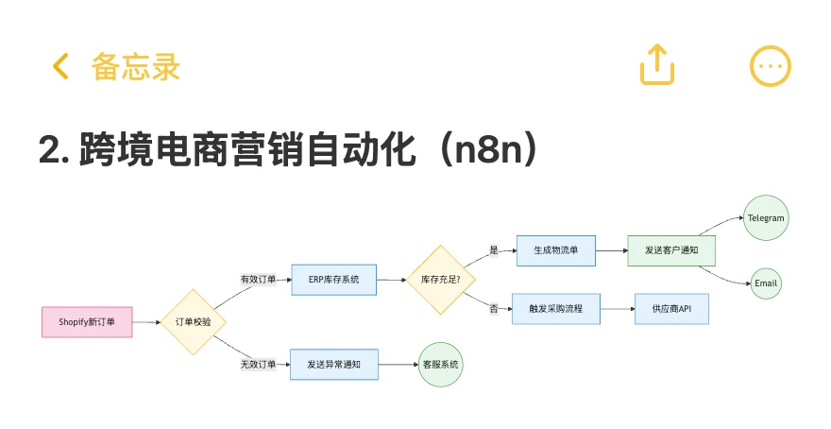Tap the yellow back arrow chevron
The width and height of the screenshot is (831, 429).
(x=61, y=66)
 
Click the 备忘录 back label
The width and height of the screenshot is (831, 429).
(x=136, y=67)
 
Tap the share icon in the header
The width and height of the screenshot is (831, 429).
(x=657, y=64)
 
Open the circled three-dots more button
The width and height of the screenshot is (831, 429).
(x=770, y=66)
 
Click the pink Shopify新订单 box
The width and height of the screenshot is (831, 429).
(x=87, y=322)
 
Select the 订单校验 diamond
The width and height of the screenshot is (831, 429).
(x=194, y=322)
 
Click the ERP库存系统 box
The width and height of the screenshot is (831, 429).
(x=334, y=280)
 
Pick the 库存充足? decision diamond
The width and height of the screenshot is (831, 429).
(x=440, y=280)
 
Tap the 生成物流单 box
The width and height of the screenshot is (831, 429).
(x=556, y=250)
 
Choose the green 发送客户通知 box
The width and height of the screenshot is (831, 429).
(x=671, y=250)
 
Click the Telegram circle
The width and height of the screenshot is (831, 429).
(x=766, y=218)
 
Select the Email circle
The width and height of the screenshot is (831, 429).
(x=766, y=283)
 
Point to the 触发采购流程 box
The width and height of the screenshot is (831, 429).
(x=556, y=309)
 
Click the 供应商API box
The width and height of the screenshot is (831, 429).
(x=671, y=309)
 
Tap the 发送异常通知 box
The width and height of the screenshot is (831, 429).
(x=334, y=365)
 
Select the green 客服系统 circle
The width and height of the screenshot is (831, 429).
(x=440, y=365)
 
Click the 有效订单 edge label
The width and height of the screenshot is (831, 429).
(x=258, y=280)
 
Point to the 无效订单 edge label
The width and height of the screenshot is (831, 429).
(x=258, y=365)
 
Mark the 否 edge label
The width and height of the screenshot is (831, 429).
(x=494, y=309)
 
